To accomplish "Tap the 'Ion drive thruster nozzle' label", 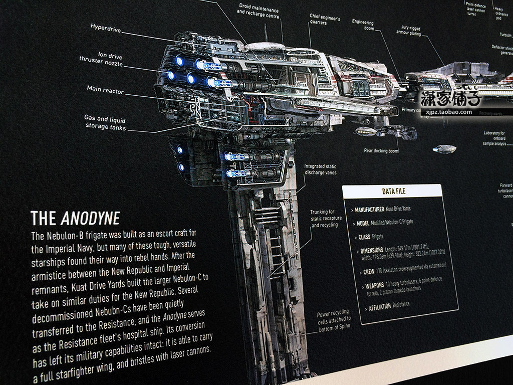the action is click(101, 61).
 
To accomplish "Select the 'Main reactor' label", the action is click(105, 90).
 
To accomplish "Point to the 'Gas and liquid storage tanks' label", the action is click(104, 123).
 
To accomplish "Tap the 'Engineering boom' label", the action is click(363, 25).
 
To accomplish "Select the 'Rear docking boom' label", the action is click(382, 150).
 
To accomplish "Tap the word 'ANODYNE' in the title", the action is click(90, 218).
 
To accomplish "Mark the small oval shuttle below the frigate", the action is click(444, 149).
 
